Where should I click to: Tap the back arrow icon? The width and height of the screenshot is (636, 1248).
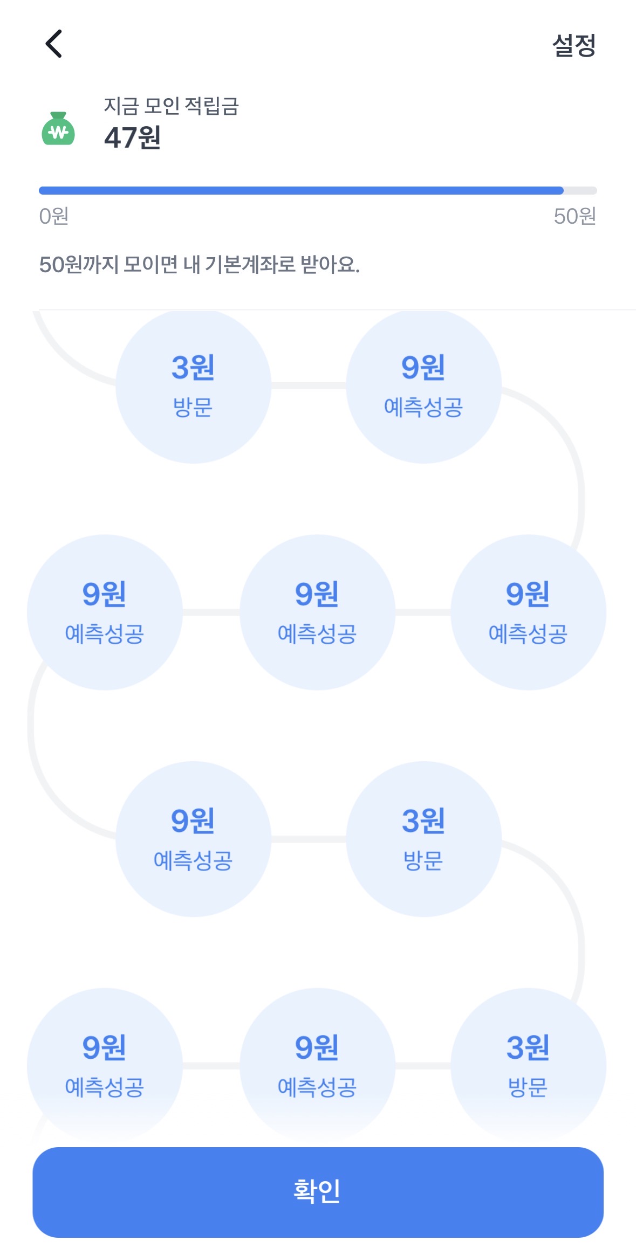click(53, 44)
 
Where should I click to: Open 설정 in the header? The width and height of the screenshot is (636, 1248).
click(574, 45)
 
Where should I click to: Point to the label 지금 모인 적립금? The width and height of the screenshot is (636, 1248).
click(171, 106)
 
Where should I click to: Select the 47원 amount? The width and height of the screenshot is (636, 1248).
click(133, 137)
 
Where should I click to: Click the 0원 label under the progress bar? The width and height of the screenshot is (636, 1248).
click(53, 216)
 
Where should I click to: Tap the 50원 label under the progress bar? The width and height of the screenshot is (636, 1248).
click(575, 216)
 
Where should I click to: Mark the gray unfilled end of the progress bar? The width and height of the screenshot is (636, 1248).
click(580, 190)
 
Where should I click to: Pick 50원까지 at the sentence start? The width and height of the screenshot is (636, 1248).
click(78, 265)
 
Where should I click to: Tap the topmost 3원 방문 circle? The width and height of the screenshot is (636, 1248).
click(193, 385)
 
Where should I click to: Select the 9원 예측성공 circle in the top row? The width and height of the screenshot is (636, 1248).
click(423, 385)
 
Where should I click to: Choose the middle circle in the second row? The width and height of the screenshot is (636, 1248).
click(317, 612)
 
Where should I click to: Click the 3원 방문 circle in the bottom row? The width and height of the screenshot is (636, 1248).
click(528, 1065)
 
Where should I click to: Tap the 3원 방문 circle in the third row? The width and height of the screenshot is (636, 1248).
click(423, 839)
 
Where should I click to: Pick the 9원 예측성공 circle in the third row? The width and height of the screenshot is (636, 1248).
click(193, 839)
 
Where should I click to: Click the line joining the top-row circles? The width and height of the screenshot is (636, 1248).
click(309, 385)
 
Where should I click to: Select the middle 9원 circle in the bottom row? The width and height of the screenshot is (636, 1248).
click(317, 1065)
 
